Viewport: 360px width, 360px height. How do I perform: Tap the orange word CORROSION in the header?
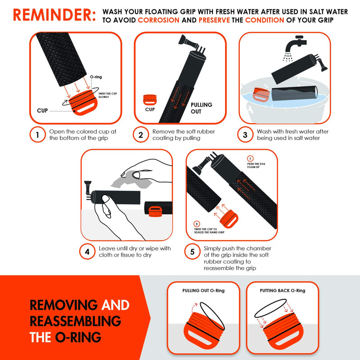pos(158,20)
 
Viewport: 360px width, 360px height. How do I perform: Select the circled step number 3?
pos(245,135)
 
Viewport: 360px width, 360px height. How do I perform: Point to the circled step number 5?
pos(192,252)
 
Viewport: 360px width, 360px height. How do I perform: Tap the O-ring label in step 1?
pos(96,77)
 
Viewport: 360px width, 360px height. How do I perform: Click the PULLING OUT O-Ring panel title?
pos(203,291)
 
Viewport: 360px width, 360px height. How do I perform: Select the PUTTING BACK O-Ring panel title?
pos(282,291)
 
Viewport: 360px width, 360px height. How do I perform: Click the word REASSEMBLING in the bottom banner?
pos(75,321)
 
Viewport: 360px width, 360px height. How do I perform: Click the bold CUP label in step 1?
pos(43,109)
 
